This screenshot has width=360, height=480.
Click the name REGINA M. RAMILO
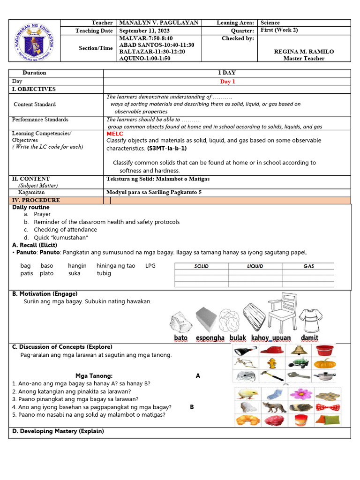pyautogui.click(x=304, y=52)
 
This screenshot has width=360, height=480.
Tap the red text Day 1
pyautogui.click(x=227, y=81)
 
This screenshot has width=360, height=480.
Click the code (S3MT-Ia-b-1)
pyautogui.click(x=166, y=148)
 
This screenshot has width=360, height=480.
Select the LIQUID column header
pyautogui.click(x=255, y=266)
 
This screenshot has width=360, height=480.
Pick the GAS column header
pyautogui.click(x=308, y=266)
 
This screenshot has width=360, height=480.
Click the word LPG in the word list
pyautogui.click(x=150, y=266)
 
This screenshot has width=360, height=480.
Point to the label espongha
pyautogui.click(x=210, y=338)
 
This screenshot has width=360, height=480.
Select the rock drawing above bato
pyautogui.click(x=181, y=322)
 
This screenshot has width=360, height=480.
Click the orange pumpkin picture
pyautogui.click(x=323, y=363)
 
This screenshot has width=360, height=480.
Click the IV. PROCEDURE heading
pyautogui.click(x=36, y=201)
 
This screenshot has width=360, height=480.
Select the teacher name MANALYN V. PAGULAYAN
pyautogui.click(x=159, y=23)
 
